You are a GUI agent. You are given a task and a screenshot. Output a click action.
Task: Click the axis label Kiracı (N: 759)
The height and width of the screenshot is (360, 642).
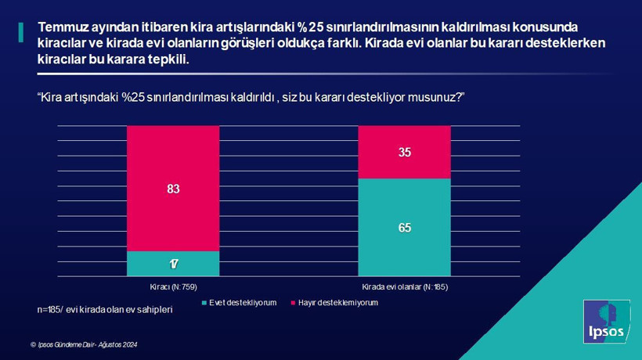[x=173, y=286]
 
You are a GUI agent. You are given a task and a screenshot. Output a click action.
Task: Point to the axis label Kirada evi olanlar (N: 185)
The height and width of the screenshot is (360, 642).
[x=404, y=286]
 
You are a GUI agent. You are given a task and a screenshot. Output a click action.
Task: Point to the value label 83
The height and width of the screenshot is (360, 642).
[x=173, y=188]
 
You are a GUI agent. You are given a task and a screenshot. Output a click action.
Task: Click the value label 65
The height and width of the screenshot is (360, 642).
[x=404, y=228]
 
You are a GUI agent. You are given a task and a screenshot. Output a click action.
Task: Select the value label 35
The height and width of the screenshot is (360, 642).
[x=404, y=153]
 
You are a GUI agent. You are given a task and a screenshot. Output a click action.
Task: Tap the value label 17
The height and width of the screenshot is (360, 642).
[x=173, y=264]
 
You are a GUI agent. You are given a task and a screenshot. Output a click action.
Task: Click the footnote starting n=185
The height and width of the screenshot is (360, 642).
[x=104, y=310]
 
